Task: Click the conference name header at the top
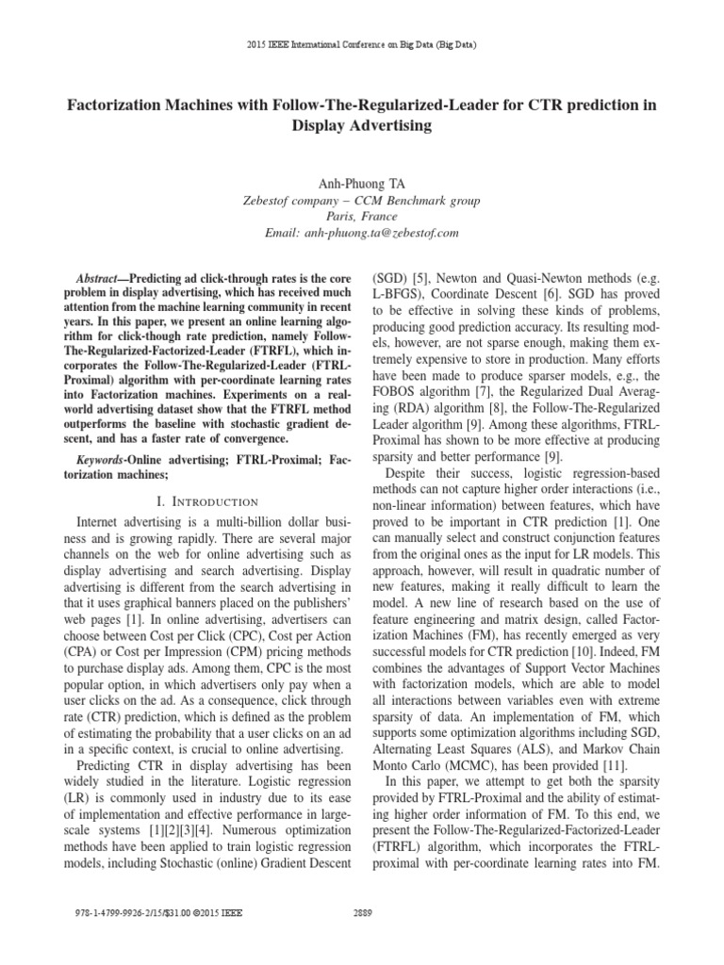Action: tap(362, 44)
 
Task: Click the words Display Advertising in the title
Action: tap(361, 125)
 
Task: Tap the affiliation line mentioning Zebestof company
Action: tap(362, 201)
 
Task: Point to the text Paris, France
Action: tap(362, 216)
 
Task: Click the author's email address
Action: tap(362, 232)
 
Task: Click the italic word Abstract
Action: tap(95, 281)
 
